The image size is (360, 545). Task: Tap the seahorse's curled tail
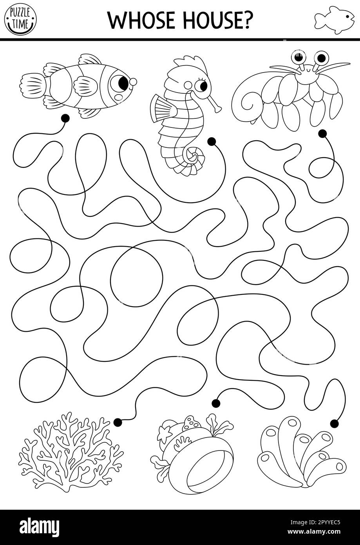coord(192,157)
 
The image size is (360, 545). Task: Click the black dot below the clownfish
coord(65,117)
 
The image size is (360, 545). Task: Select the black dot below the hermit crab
coord(322,134)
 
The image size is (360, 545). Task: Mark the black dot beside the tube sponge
coord(334,423)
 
